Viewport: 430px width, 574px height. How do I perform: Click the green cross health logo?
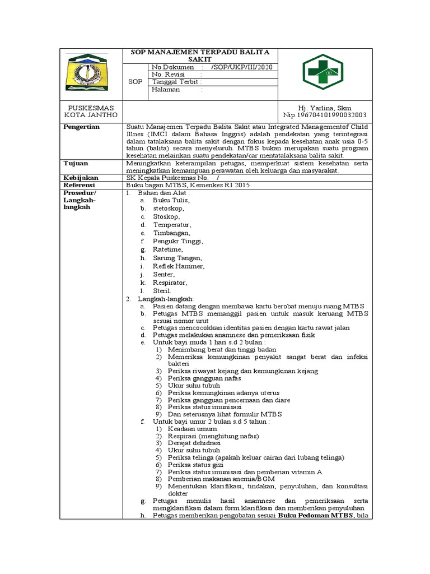(x=324, y=74)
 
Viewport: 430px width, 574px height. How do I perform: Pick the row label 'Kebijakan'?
(x=81, y=177)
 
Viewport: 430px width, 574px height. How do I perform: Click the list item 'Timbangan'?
(x=172, y=233)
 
